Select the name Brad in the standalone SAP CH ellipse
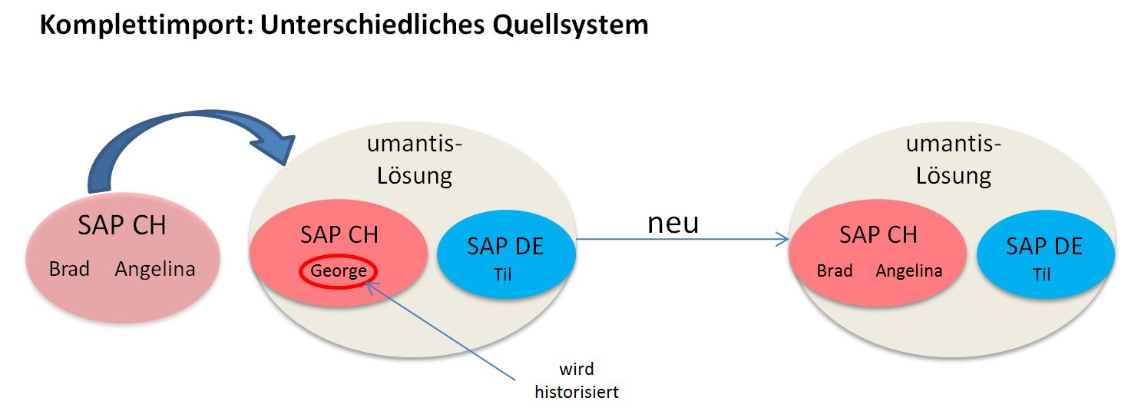point(69,270)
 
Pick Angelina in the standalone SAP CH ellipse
point(155,270)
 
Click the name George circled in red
point(339,271)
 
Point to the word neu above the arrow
point(673,222)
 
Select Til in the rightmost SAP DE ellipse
point(1042,274)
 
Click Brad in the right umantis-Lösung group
point(835,271)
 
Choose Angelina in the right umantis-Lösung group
point(909,271)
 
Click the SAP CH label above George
point(339,235)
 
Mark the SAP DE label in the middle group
point(505,247)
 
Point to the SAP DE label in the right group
point(1044,247)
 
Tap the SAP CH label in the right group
point(878,235)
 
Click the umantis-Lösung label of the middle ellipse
point(414,160)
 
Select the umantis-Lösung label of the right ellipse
point(953,160)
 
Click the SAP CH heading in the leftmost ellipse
point(122,226)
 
